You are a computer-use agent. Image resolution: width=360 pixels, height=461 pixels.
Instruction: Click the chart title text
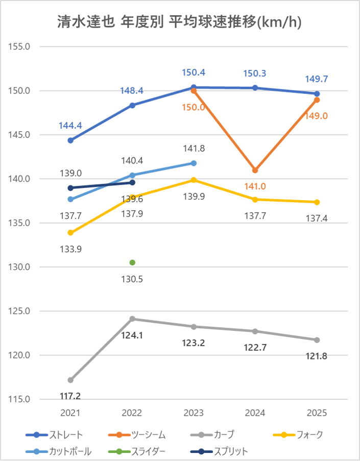179,23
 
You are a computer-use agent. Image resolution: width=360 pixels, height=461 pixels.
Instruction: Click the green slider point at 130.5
132,262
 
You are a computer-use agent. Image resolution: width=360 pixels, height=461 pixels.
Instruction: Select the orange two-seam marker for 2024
255,171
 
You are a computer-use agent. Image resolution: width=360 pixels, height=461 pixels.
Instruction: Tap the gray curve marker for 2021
70,380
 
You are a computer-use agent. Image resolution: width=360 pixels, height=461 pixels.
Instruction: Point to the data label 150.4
194,73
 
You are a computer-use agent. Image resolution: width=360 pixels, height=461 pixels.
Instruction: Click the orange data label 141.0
255,187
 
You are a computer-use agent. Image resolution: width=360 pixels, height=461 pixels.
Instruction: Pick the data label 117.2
70,396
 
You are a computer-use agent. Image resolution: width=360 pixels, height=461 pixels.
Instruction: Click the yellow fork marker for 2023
194,180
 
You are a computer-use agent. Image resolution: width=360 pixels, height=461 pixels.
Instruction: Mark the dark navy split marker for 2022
132,182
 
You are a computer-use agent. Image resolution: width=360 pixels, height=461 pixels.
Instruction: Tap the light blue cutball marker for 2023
194,163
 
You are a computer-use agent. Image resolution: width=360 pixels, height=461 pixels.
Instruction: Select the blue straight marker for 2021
70,140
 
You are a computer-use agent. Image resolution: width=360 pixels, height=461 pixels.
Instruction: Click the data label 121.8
317,355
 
